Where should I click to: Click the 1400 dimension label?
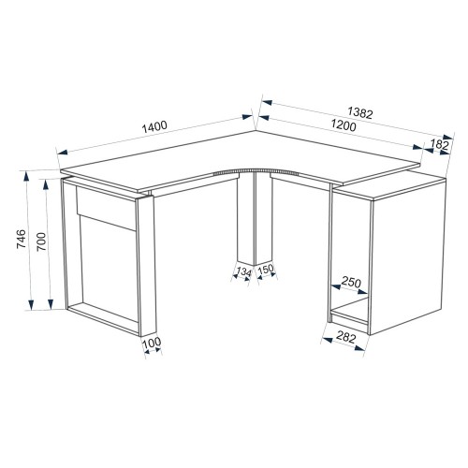(154, 126)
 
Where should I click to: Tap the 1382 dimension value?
(360, 112)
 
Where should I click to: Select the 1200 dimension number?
(344, 125)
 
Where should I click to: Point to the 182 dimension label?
(439, 144)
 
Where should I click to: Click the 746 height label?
(22, 239)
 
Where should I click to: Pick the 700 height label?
(41, 241)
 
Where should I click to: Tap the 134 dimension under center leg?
(243, 272)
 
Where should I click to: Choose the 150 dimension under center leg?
(266, 269)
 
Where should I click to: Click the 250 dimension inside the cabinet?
(351, 282)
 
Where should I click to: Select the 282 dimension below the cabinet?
(346, 338)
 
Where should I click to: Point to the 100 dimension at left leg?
(152, 343)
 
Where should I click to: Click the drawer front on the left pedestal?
(107, 208)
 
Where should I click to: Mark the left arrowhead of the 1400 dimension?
(63, 152)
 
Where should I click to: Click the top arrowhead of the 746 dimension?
(26, 177)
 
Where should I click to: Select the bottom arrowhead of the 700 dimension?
(51, 303)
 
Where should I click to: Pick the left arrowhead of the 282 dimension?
(327, 339)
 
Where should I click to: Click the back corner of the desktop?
(256, 130)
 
